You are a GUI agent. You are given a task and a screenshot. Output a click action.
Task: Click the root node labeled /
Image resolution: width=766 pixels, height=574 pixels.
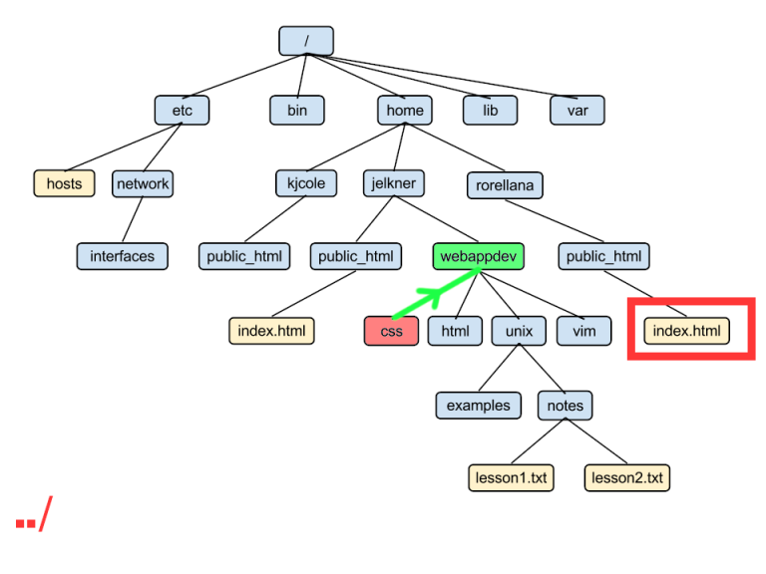[x=305, y=41]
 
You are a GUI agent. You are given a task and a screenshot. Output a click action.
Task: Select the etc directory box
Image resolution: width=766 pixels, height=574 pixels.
[x=182, y=111]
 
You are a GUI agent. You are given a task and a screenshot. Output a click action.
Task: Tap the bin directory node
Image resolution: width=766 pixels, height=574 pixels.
[x=297, y=111]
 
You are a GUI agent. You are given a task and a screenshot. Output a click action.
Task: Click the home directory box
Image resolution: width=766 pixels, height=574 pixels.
[x=405, y=111]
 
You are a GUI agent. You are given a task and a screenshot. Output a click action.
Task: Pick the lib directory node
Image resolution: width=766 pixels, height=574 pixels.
[x=490, y=111]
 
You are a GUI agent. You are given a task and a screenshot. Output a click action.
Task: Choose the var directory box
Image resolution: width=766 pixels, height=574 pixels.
[x=577, y=111]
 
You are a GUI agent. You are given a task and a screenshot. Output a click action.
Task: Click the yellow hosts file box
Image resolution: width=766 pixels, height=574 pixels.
[x=64, y=183]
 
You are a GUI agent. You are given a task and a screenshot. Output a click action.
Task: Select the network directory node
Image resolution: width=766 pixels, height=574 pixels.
[x=143, y=183]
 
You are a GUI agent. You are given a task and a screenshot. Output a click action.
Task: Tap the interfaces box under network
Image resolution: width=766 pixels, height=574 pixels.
[x=123, y=256]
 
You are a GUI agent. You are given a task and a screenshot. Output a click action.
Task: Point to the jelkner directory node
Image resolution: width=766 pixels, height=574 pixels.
[x=393, y=183]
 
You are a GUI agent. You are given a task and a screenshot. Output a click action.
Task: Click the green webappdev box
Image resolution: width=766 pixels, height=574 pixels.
[x=480, y=256]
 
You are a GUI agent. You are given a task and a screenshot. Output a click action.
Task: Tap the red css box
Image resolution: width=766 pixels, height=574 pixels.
[x=391, y=331]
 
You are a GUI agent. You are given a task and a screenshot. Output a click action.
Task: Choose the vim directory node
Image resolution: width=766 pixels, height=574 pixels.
[x=584, y=331]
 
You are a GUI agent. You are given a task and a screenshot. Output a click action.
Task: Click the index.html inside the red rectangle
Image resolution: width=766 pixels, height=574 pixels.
[x=687, y=331]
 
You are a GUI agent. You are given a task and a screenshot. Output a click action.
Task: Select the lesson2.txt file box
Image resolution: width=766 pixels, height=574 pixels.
[x=627, y=477]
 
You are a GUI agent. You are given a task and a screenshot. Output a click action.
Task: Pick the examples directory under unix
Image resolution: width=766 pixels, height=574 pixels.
[x=478, y=405]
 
